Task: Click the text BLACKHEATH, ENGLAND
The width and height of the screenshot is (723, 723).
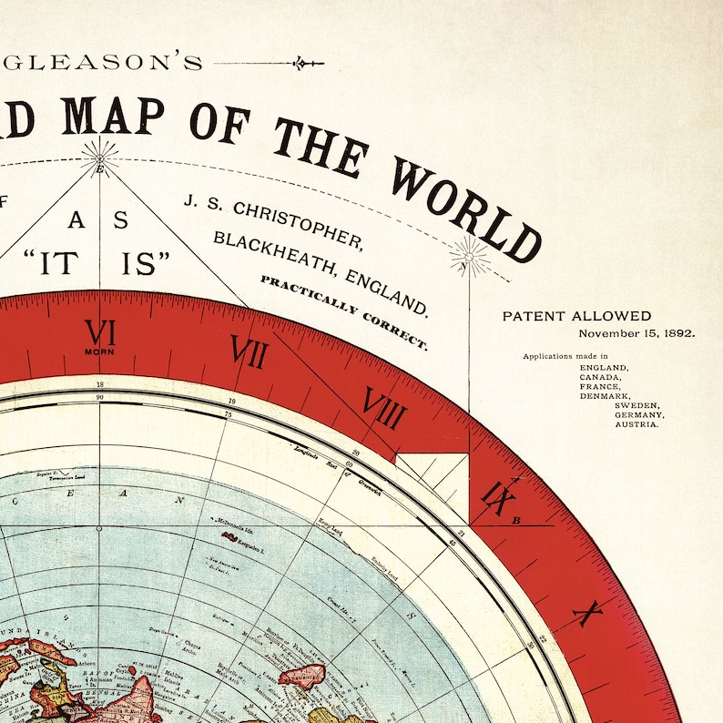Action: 320,270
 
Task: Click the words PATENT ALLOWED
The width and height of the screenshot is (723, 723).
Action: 576,317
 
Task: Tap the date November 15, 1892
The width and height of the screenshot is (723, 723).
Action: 636,333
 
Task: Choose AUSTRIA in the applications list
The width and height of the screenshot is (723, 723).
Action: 636,424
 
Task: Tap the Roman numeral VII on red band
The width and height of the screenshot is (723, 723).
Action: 248,351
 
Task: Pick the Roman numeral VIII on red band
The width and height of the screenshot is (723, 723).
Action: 383,408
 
